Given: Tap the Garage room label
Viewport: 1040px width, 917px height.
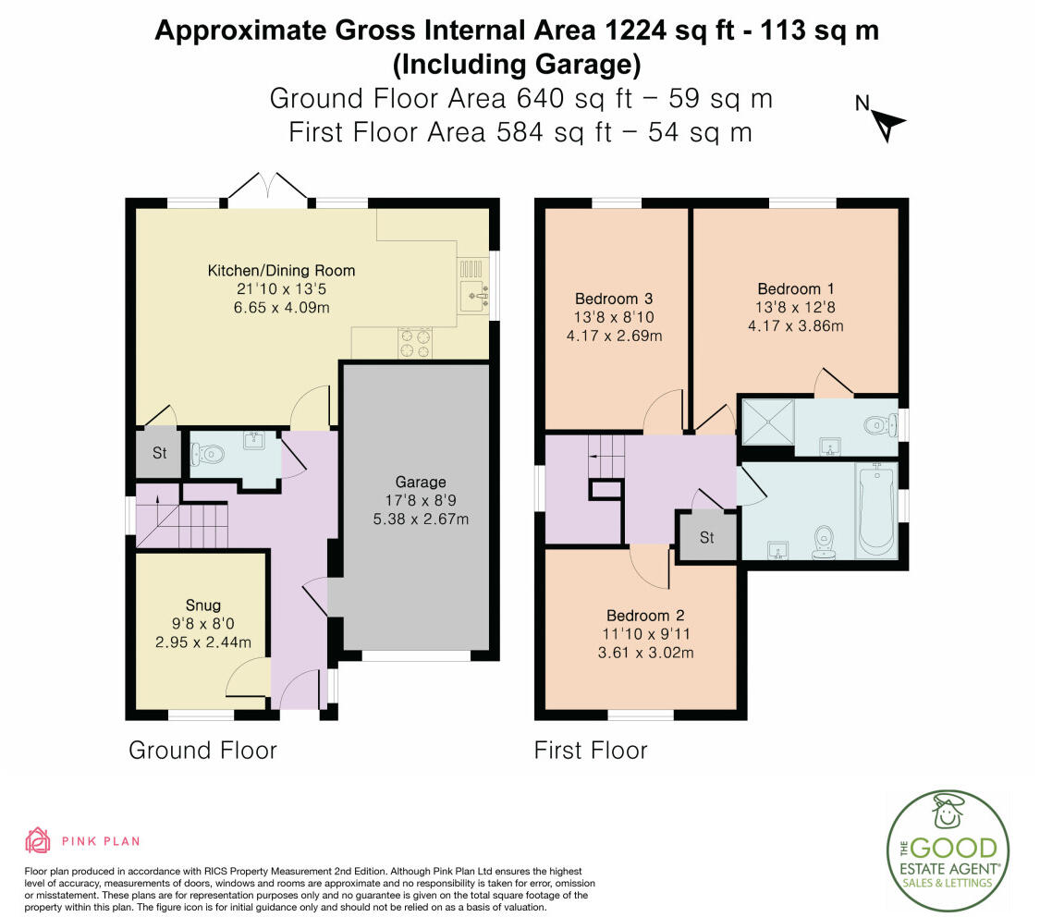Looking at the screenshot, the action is [x=421, y=482].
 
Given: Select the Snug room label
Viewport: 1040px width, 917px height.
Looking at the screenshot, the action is [x=203, y=605].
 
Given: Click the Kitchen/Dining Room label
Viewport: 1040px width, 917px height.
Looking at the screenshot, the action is [x=281, y=271].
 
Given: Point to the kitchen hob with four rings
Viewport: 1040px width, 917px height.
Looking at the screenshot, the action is [x=414, y=343].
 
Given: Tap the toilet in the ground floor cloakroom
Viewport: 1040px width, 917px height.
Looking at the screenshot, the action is [x=208, y=454].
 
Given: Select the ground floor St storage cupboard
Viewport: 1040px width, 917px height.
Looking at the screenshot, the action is [x=158, y=454].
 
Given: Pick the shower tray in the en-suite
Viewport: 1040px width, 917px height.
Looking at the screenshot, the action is [x=768, y=422].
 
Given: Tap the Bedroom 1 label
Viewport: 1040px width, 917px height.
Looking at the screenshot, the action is [x=795, y=288].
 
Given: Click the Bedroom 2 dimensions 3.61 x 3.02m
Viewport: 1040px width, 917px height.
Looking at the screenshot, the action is [x=645, y=653].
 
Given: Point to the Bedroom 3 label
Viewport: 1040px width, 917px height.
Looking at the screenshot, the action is [x=614, y=299].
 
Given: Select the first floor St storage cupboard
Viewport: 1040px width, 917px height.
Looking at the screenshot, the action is [x=706, y=536].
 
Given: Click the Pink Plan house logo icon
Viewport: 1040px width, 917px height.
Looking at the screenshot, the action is [x=38, y=840].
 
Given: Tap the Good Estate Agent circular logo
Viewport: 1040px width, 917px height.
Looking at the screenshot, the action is [x=948, y=850].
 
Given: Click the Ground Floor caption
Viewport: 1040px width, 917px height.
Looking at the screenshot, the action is [x=202, y=750].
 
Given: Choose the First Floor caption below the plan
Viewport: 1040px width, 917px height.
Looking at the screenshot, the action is [x=591, y=750].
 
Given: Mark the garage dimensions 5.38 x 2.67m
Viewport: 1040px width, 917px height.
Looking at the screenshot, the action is [x=421, y=520].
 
